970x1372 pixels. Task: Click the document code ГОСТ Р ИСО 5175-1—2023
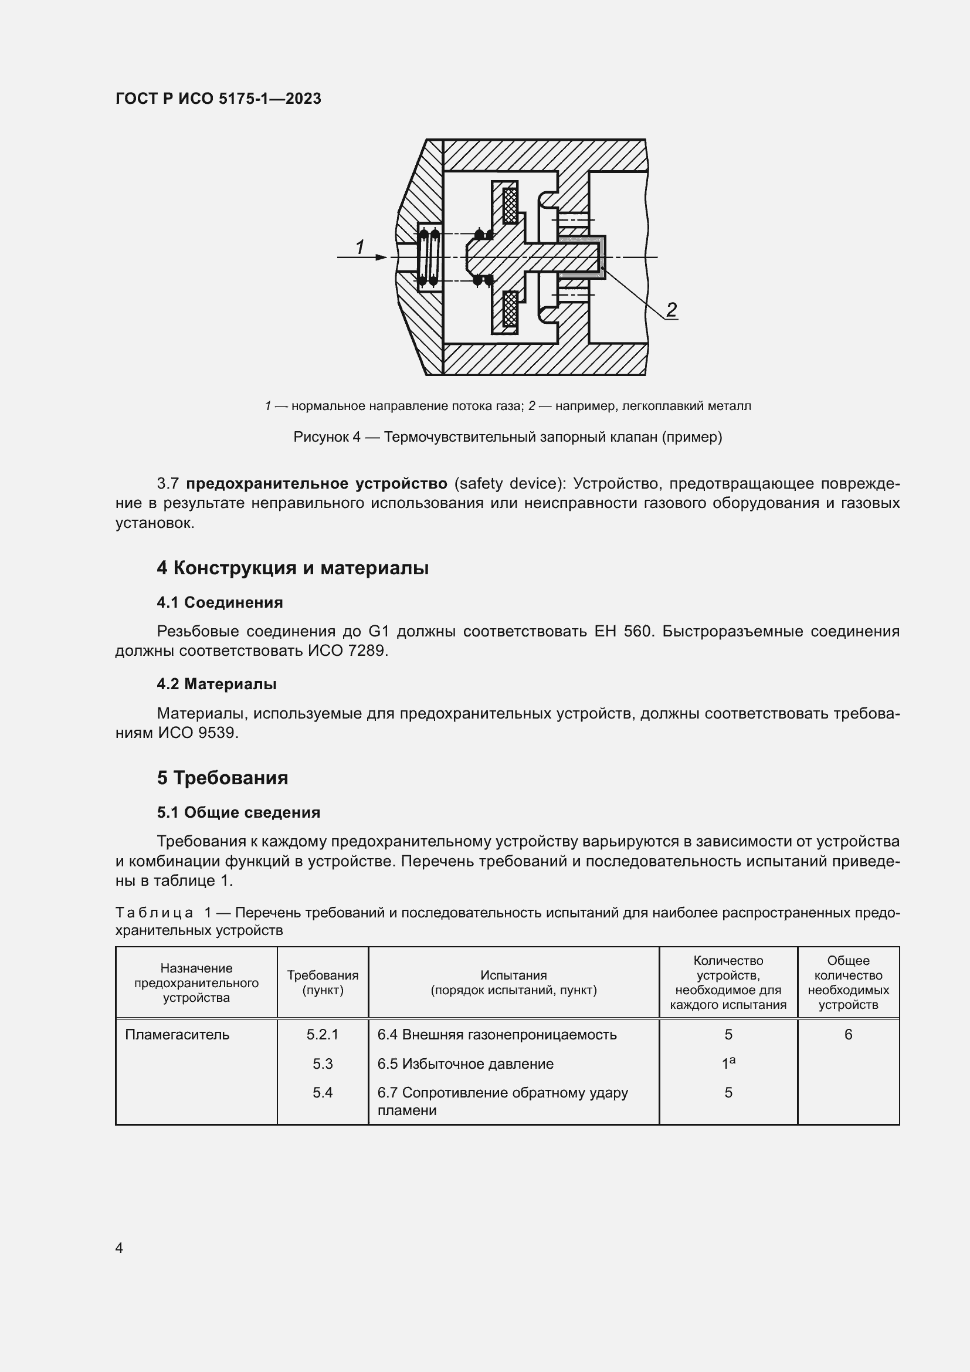(x=218, y=99)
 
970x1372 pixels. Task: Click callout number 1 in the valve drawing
(x=359, y=246)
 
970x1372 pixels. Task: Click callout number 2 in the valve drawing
(x=671, y=310)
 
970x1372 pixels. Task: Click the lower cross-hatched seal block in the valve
(x=510, y=309)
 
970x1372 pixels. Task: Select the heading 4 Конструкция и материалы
(x=293, y=568)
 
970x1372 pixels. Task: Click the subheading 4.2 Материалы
(x=216, y=683)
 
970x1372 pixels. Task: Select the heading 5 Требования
(x=222, y=777)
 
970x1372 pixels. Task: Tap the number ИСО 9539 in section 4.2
(x=197, y=733)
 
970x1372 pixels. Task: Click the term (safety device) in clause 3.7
(x=510, y=483)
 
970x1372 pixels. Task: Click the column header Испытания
(x=514, y=975)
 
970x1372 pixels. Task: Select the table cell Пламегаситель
(x=177, y=1034)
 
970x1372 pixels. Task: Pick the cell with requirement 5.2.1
(x=323, y=1034)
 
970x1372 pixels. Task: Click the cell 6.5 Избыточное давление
(x=465, y=1063)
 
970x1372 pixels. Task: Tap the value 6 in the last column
(x=848, y=1034)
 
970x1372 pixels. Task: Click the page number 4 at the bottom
(x=120, y=1248)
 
